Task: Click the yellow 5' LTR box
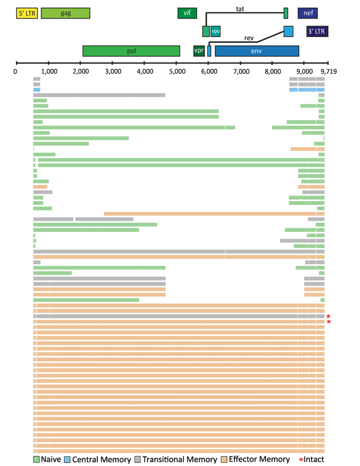coord(27,13)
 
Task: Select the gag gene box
coord(65,13)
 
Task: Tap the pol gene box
coord(131,51)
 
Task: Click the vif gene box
coord(187,13)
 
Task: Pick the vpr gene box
coord(199,51)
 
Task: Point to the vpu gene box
coord(215,31)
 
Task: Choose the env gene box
coord(257,51)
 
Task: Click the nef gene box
coord(308,13)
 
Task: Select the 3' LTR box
coord(317,31)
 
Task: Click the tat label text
coord(240,9)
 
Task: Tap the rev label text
coord(249,37)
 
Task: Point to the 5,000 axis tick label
coord(176,71)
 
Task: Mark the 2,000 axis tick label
coord(80,71)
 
